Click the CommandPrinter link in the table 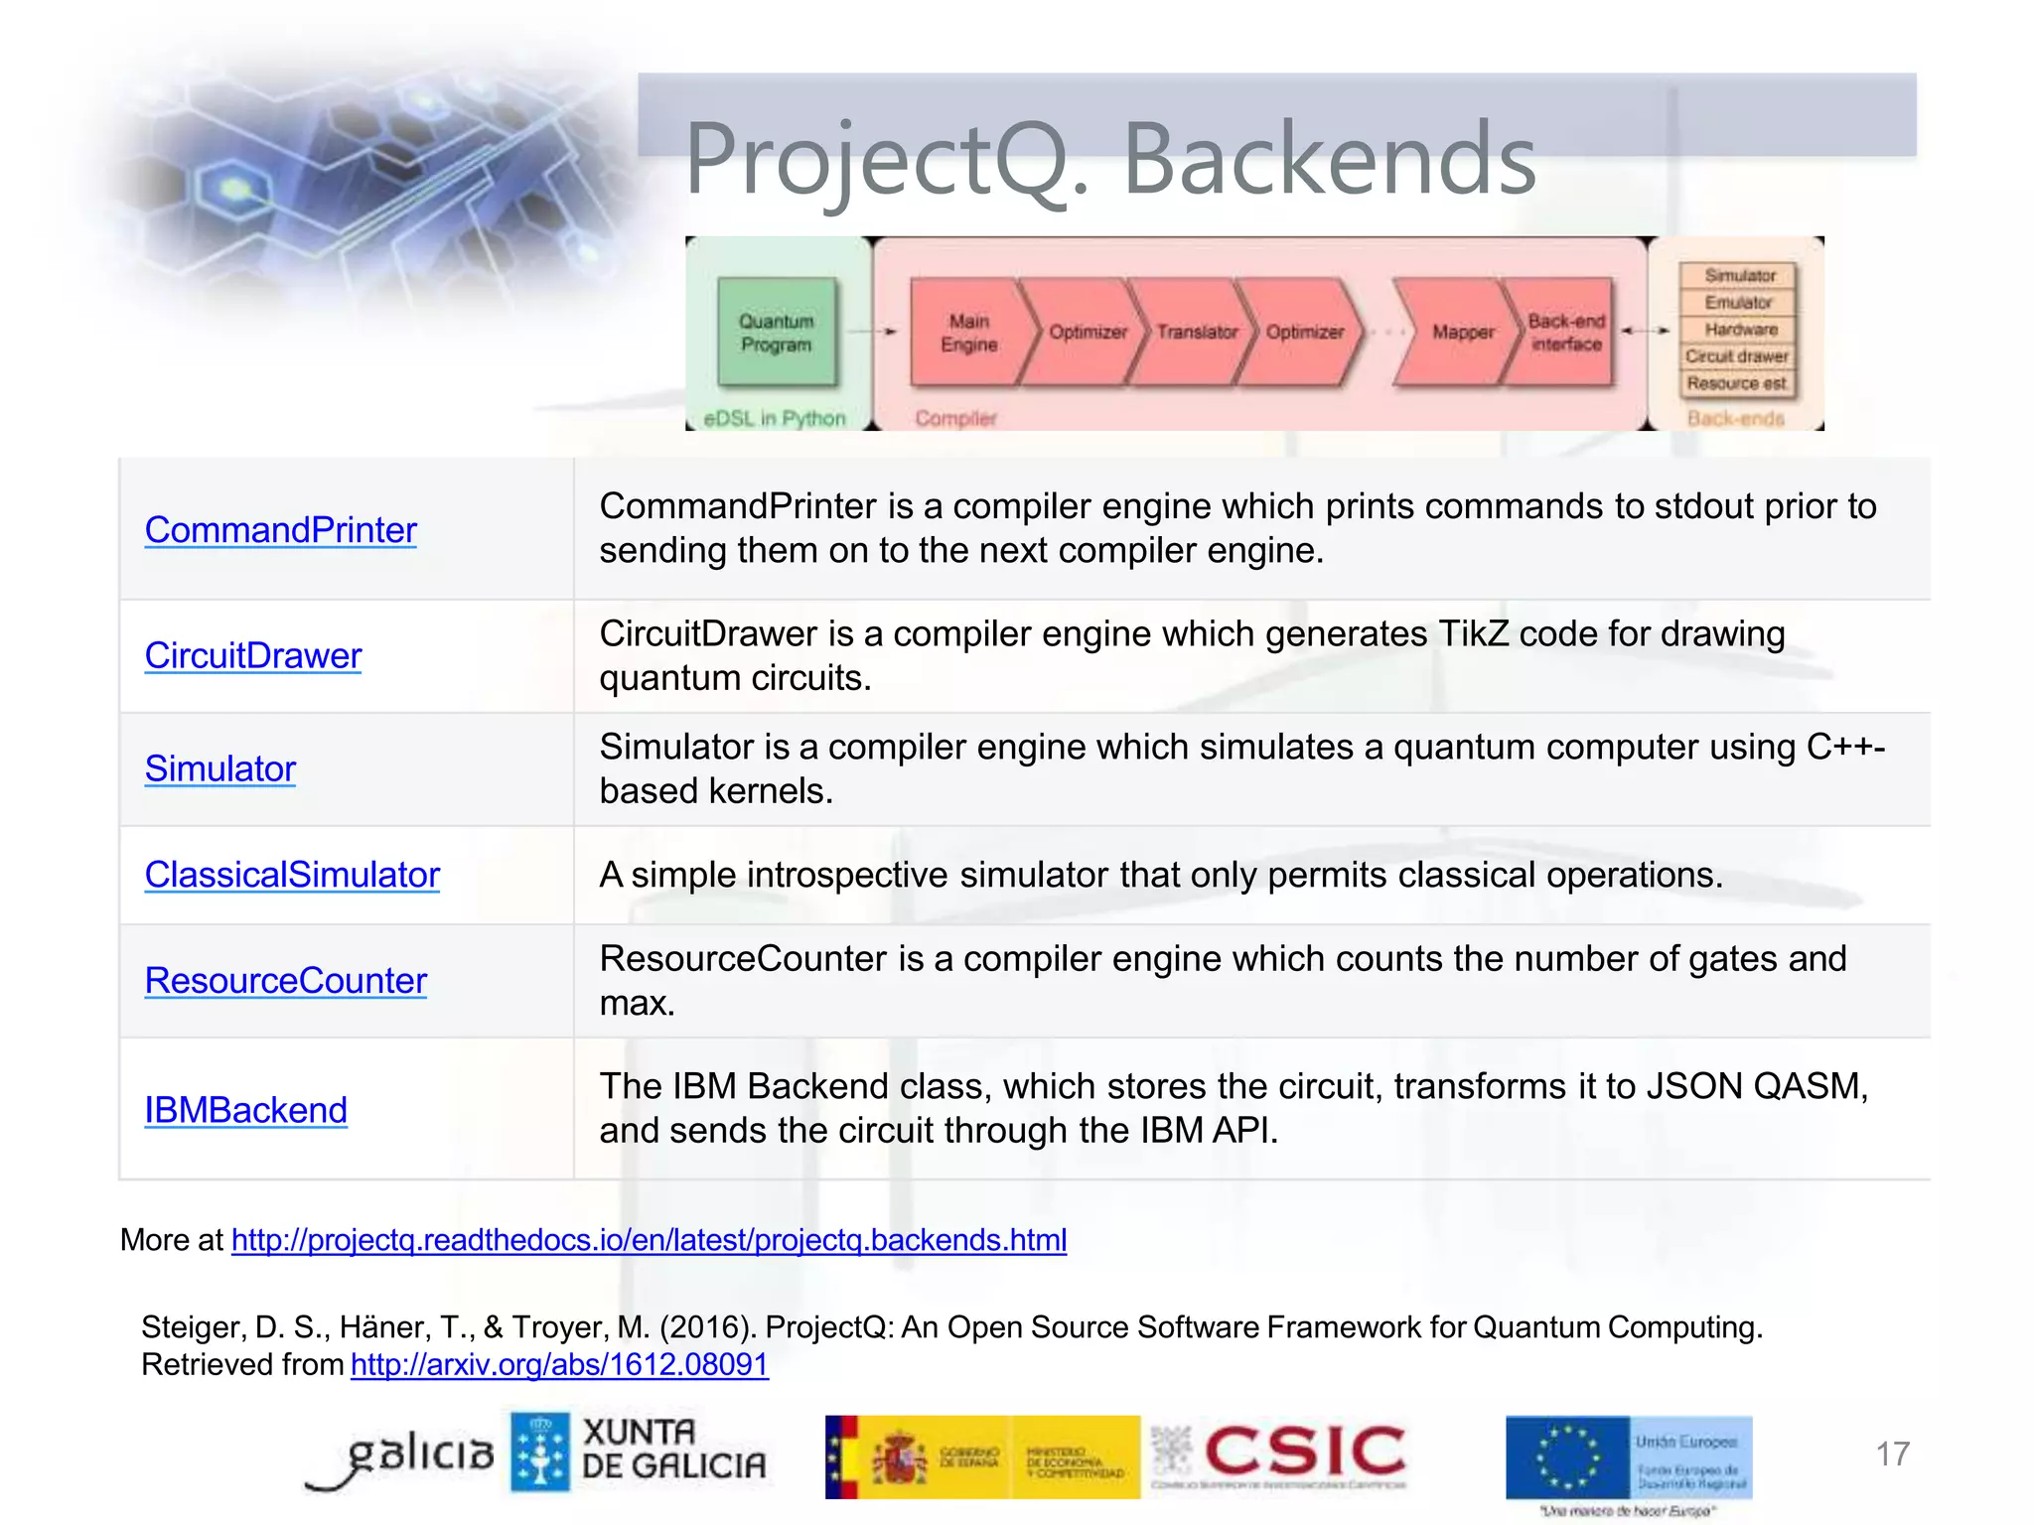click(280, 530)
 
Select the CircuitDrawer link click(253, 656)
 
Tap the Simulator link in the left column click(219, 769)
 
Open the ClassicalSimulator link click(292, 876)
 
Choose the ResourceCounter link click(285, 981)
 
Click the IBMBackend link click(245, 1111)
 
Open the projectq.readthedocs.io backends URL click(649, 1240)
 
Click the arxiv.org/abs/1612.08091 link click(559, 1365)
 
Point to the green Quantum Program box click(777, 333)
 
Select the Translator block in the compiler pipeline click(1195, 333)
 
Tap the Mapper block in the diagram click(1461, 333)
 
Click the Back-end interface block click(1565, 333)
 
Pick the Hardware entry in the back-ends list click(1740, 330)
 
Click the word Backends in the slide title click(1329, 159)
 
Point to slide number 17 click(1892, 1455)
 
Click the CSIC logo click(1303, 1453)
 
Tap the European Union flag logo click(1567, 1456)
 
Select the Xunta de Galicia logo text click(673, 1450)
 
